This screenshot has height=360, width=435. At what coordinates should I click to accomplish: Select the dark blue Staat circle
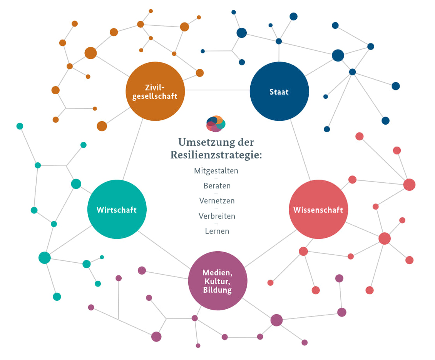279,92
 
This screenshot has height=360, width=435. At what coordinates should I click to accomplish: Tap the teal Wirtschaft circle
117,210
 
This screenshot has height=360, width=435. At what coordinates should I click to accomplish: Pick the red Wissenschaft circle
318,210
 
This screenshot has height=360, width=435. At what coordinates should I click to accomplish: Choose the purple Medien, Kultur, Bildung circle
217,281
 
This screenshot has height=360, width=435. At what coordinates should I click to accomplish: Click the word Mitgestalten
216,170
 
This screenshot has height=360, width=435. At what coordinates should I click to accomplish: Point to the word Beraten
217,186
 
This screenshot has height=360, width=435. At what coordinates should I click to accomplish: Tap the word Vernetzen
217,201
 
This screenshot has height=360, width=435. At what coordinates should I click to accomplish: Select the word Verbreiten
217,216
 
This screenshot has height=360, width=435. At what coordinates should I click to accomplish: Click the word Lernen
217,231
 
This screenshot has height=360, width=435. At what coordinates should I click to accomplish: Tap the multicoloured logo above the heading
216,123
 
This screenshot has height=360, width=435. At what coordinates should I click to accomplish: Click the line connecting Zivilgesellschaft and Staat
217,90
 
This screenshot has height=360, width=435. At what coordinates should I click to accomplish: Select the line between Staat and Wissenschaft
300,150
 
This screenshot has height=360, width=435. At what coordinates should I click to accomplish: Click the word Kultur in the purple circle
217,281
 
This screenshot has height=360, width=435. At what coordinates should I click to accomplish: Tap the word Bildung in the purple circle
217,290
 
